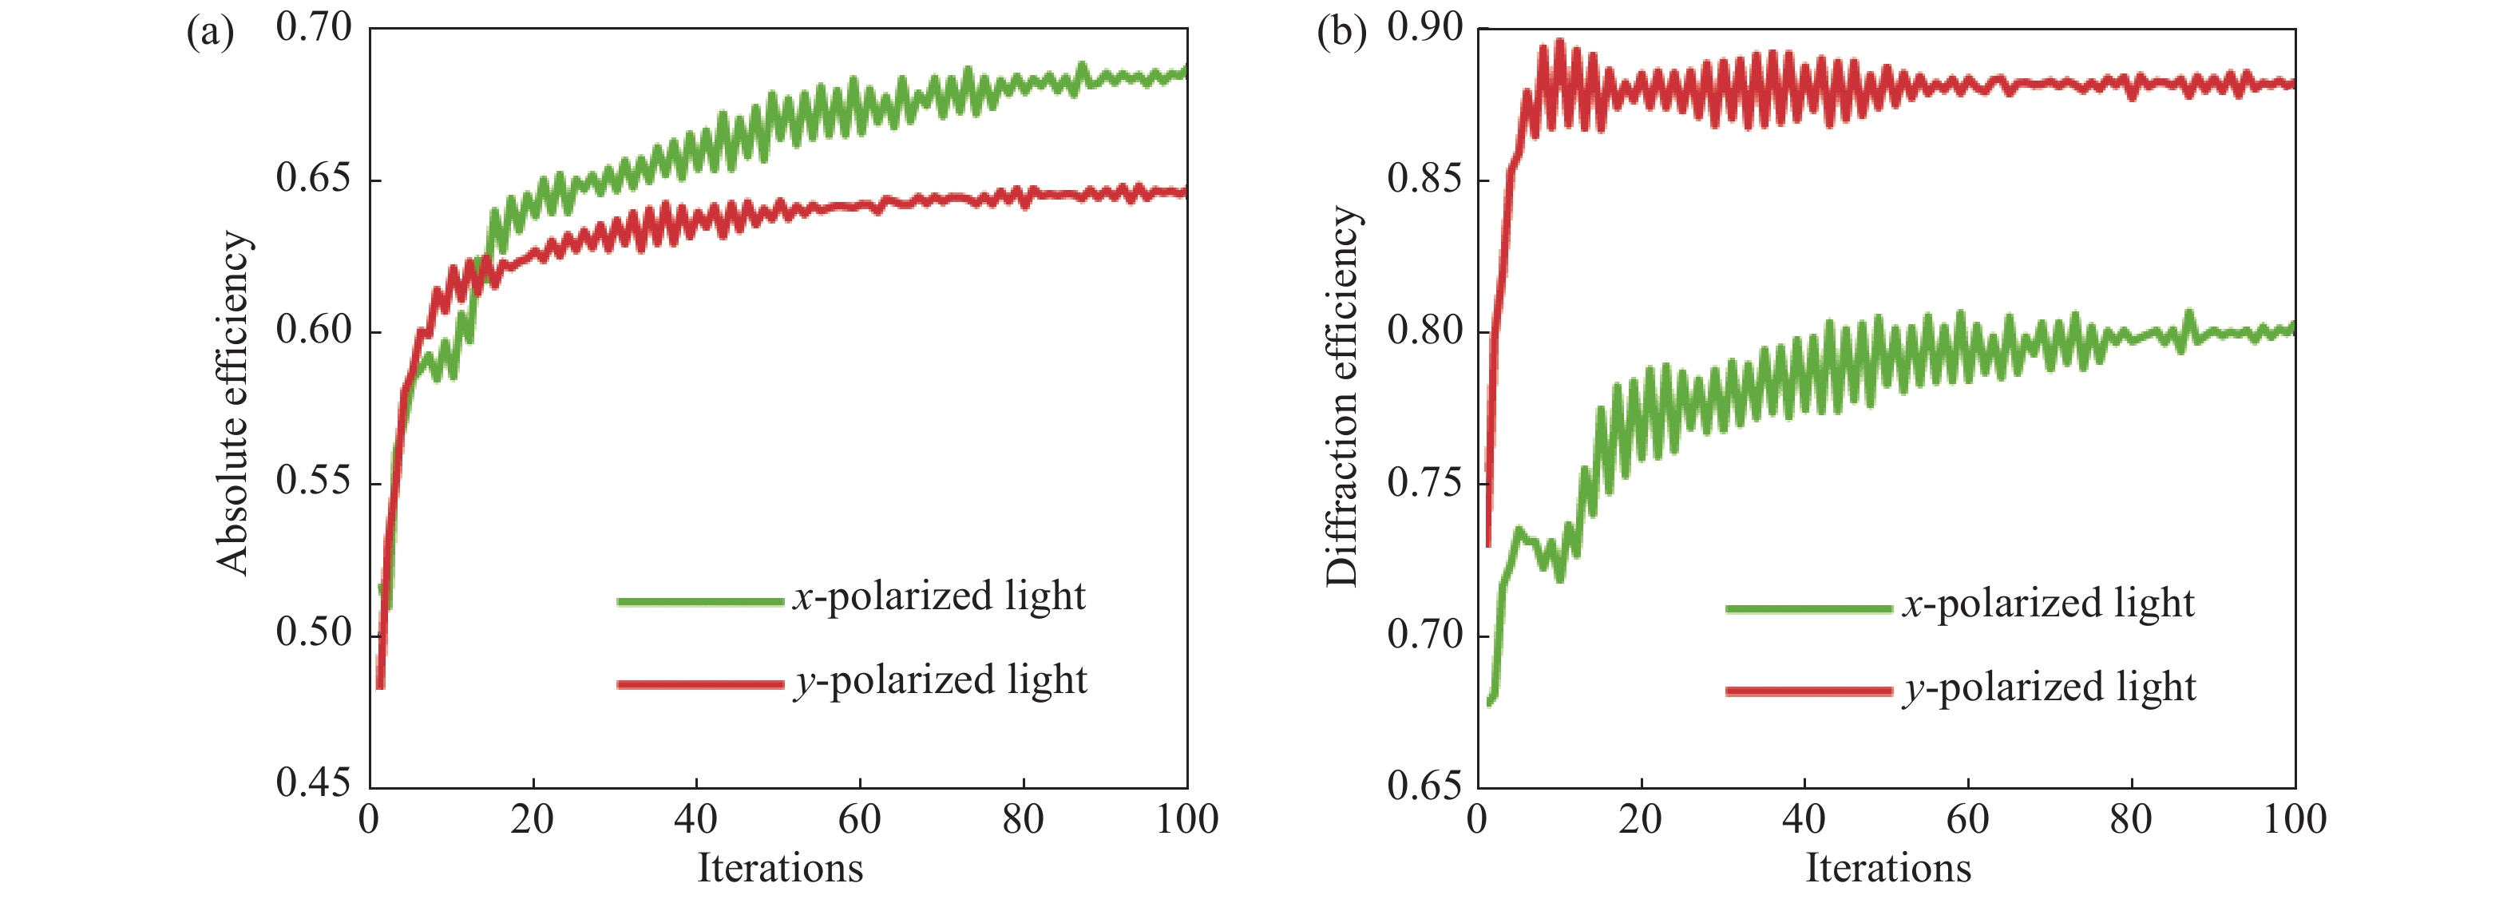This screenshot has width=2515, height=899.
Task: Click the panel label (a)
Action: (210, 34)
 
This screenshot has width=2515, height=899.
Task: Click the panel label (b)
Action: (1341, 34)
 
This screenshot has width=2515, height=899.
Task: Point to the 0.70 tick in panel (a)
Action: (314, 28)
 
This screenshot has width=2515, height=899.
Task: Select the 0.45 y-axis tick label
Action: (314, 784)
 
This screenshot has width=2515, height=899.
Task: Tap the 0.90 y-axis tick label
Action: (1425, 28)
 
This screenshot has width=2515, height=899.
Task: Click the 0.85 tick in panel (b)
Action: (1425, 180)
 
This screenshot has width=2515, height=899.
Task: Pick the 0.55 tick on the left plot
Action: (314, 481)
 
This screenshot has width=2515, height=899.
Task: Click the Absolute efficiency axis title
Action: (234, 402)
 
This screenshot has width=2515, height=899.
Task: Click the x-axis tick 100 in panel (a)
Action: (1187, 819)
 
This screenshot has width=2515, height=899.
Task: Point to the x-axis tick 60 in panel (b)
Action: (1967, 819)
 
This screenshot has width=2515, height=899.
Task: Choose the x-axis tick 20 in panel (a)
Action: (532, 819)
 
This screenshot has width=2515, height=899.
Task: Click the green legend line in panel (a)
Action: (700, 601)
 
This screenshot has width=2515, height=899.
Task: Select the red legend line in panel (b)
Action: (1808, 691)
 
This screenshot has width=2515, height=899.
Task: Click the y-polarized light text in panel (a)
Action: (941, 681)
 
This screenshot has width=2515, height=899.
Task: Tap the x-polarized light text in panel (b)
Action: (2048, 604)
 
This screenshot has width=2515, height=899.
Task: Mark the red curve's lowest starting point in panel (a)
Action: (381, 685)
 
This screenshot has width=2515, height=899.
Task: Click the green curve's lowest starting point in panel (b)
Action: (1490, 701)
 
